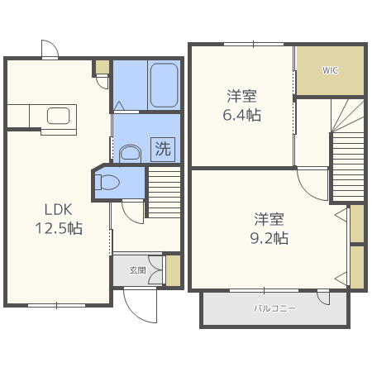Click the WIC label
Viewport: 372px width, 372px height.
[330, 70]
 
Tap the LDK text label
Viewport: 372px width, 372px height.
[59, 210]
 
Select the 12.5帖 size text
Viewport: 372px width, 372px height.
[59, 228]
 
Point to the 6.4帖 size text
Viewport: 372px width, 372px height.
[242, 115]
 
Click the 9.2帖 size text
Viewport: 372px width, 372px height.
[269, 238]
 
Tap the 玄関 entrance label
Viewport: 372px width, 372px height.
[137, 270]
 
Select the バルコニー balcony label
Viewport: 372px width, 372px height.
[274, 308]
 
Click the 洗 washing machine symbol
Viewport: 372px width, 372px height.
[163, 149]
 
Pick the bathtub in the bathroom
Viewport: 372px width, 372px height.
[164, 85]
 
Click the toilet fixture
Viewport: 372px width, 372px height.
[107, 183]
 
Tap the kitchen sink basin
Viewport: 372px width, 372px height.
[58, 116]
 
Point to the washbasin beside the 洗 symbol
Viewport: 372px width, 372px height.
[131, 153]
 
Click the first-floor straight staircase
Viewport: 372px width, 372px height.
[165, 192]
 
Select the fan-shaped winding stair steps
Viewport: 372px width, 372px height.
[348, 115]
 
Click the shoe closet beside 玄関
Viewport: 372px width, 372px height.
[173, 271]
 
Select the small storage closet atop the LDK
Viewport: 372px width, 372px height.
[103, 67]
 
